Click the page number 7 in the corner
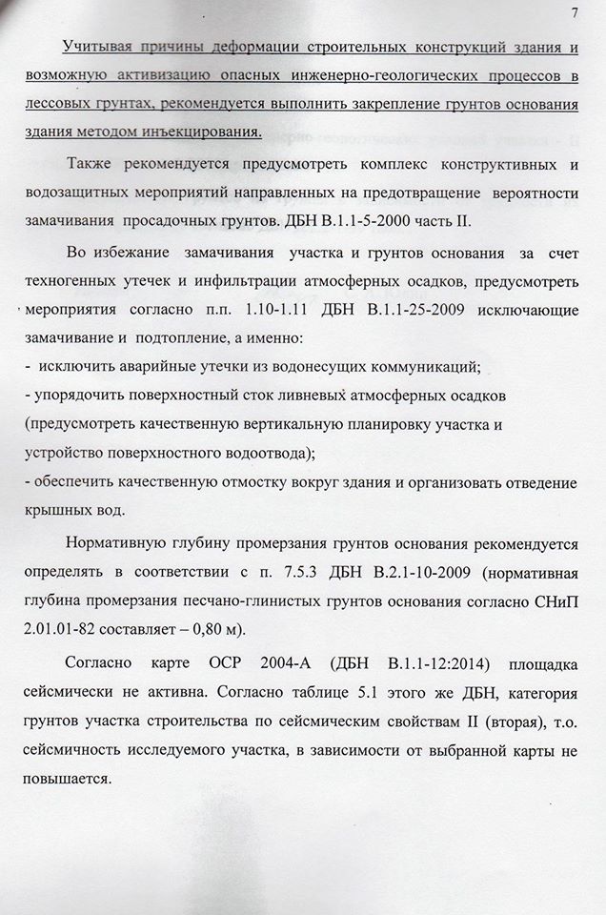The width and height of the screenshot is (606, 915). click(576, 12)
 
